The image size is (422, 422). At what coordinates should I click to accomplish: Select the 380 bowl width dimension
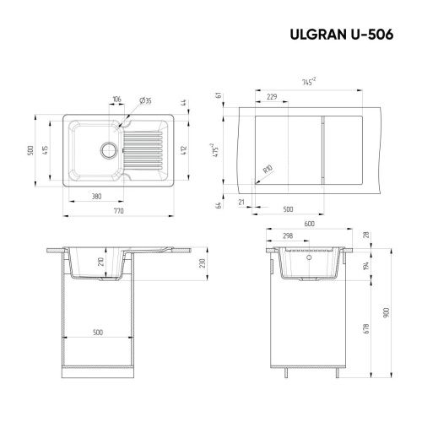[x=98, y=197]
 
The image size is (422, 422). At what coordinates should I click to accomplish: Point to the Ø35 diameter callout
[x=146, y=100]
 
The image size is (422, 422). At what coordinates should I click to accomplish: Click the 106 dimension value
[x=116, y=100]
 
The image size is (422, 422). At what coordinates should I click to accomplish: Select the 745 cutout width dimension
[x=309, y=82]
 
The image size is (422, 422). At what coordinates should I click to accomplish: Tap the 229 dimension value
[x=273, y=97]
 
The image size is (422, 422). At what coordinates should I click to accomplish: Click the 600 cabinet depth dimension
[x=309, y=224]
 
